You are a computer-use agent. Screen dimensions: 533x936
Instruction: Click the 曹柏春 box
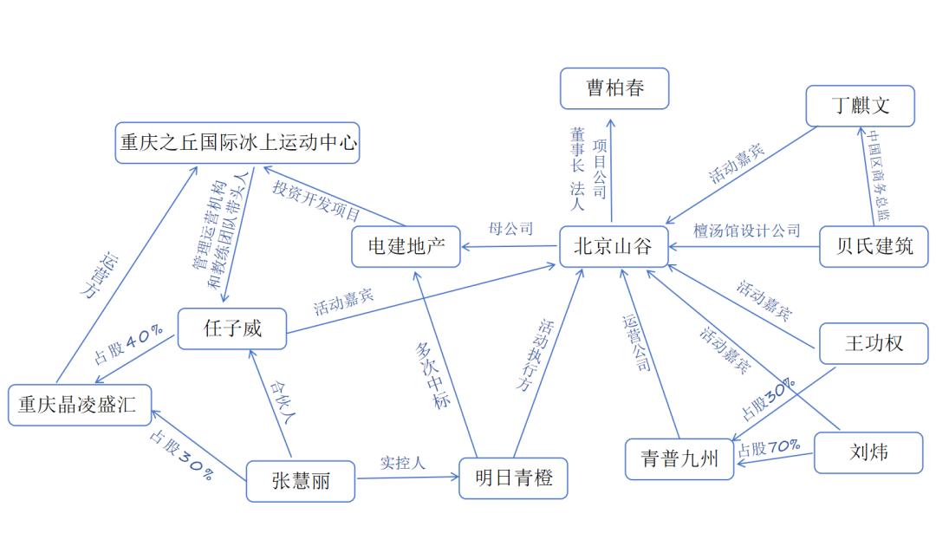pyautogui.click(x=614, y=88)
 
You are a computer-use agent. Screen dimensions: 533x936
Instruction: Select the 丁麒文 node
pyautogui.click(x=860, y=106)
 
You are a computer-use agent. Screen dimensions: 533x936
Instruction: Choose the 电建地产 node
pyautogui.click(x=406, y=247)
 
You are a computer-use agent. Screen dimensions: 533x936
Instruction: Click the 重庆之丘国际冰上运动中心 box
pyautogui.click(x=237, y=143)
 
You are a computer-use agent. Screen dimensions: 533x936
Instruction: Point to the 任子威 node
pyautogui.click(x=231, y=328)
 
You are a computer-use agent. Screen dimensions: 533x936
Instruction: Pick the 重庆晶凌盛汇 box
pyautogui.click(x=79, y=405)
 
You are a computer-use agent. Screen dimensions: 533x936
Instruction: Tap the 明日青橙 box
pyautogui.click(x=513, y=478)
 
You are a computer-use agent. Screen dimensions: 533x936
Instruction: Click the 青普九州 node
pyautogui.click(x=679, y=459)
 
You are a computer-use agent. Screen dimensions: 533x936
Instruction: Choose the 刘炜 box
pyautogui.click(x=868, y=452)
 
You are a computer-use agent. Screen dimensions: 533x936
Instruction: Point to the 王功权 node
pyautogui.click(x=873, y=343)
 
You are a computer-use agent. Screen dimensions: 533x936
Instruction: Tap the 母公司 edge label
pyautogui.click(x=510, y=230)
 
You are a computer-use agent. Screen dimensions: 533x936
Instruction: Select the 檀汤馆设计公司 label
pyautogui.click(x=746, y=231)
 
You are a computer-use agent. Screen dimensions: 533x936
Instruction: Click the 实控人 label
pyautogui.click(x=403, y=463)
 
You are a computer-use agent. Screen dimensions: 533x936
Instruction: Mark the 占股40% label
pyautogui.click(x=128, y=346)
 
